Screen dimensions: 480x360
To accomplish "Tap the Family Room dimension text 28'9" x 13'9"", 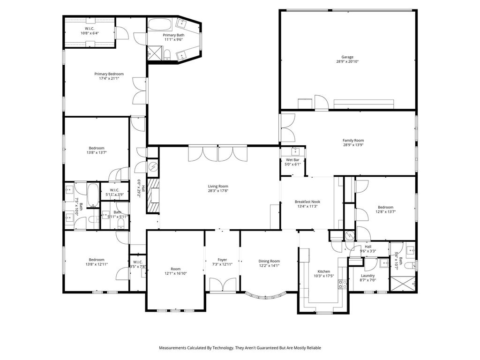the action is click(353, 145).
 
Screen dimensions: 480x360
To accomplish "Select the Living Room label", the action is click(218, 186).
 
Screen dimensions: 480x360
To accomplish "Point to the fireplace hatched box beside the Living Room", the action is click(153, 196).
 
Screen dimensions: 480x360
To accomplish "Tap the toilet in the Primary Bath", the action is click(167, 55).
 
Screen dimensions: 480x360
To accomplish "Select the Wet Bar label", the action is click(292, 160).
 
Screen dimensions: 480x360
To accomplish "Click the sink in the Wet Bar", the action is click(295, 151).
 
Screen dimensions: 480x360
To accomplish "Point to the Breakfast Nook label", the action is click(307, 202).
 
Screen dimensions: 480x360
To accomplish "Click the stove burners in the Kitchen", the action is click(343, 285).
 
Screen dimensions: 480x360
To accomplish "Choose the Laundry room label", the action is click(367, 276).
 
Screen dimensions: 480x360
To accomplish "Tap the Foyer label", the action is click(222, 260).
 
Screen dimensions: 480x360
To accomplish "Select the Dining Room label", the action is click(269, 261).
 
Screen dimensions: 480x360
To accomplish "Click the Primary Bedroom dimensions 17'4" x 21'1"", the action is click(109, 78).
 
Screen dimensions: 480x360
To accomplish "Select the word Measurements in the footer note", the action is click(172, 348).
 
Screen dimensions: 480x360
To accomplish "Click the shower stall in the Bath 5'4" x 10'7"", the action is click(403, 284).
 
